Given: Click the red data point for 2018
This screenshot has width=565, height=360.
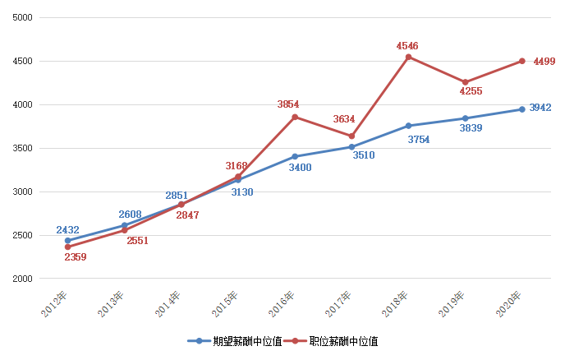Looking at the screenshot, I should pyautogui.click(x=408, y=57).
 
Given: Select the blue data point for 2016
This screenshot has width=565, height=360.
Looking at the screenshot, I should pyautogui.click(x=295, y=156).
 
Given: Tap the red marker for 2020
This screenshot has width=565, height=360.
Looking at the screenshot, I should pyautogui.click(x=521, y=61).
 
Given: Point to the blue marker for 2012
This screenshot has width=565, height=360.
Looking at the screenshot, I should pyautogui.click(x=67, y=241).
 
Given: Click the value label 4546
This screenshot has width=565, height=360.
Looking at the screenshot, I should pyautogui.click(x=408, y=45).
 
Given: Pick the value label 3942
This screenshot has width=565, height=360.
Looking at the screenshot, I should pyautogui.click(x=540, y=108).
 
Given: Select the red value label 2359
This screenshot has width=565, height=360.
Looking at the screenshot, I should pyautogui.click(x=75, y=257).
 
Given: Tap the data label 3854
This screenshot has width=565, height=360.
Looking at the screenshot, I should pyautogui.click(x=288, y=104).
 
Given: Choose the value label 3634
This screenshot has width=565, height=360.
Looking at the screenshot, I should pyautogui.click(x=344, y=120).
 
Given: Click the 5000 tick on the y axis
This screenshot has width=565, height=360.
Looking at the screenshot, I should pyautogui.click(x=22, y=17).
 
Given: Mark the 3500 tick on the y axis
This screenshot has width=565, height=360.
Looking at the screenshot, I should pyautogui.click(x=22, y=149).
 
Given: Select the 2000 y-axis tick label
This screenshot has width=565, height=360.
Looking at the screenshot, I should pyautogui.click(x=22, y=279).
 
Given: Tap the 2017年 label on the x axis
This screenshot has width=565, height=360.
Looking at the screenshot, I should pyautogui.click(x=338, y=303).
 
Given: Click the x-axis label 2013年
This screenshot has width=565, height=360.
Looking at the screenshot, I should pyautogui.click(x=111, y=303).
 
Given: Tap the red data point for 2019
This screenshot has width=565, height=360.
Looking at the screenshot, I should pyautogui.click(x=465, y=82).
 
